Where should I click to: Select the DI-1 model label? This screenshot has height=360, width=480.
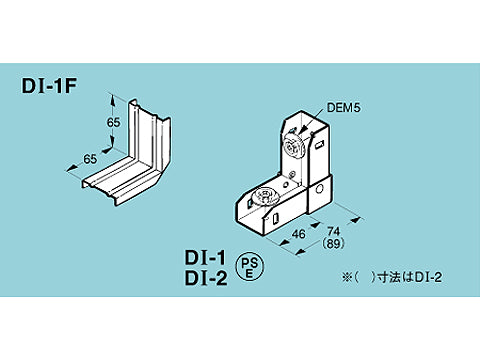[x=208, y=258]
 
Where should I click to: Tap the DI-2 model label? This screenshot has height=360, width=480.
[x=208, y=278]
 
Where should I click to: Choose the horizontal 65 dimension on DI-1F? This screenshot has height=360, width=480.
[x=90, y=158]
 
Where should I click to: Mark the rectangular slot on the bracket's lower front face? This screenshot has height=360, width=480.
[x=273, y=214]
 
